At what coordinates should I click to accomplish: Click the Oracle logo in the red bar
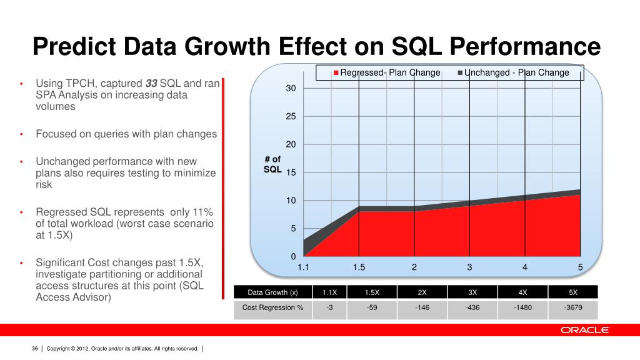[x=584, y=330]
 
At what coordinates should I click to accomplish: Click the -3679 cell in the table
[x=572, y=307]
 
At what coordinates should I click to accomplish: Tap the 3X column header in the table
[x=472, y=292]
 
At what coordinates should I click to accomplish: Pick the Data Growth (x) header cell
[x=272, y=292]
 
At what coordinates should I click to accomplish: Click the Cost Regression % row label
[x=272, y=307]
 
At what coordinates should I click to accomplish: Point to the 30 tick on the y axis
[x=291, y=89]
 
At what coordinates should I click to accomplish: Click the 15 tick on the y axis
[x=291, y=172]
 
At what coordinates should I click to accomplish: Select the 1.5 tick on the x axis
[x=359, y=267]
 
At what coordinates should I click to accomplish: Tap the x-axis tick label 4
[x=525, y=267]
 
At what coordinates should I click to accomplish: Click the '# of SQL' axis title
[x=272, y=164]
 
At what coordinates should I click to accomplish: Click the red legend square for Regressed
[x=336, y=73]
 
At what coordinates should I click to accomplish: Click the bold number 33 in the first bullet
[x=151, y=84]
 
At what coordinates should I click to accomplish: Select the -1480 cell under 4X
[x=522, y=307]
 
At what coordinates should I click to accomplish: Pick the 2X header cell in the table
[x=422, y=292]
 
